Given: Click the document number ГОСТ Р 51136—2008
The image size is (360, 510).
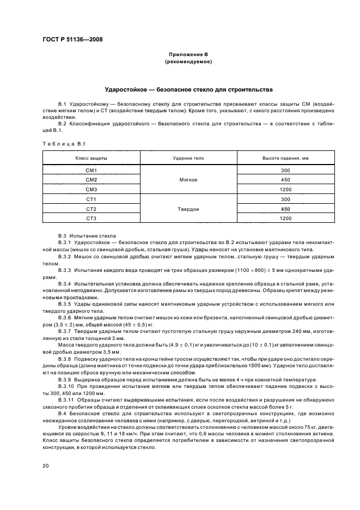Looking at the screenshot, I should click(x=72, y=40).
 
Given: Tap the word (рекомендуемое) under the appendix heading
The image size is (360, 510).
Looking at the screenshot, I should click(x=188, y=62).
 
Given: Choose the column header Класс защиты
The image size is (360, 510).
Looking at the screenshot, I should click(x=91, y=157).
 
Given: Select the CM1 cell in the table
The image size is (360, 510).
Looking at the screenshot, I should click(x=91, y=170).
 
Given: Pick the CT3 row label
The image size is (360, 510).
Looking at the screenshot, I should click(x=91, y=218).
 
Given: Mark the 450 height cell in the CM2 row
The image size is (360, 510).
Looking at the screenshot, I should click(x=285, y=180).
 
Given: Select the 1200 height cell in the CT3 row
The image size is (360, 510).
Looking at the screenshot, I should click(x=285, y=218).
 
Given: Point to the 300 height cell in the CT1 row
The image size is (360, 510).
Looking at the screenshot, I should click(x=285, y=199).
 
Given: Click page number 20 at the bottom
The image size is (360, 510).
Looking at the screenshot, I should click(x=46, y=466).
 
